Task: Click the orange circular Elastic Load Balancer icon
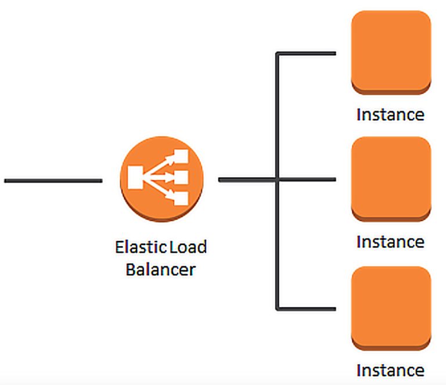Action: tap(162, 179)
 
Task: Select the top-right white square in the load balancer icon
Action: tap(182, 156)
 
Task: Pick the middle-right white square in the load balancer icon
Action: tap(182, 177)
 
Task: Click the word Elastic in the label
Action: tap(141, 247)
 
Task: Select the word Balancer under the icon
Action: tap(160, 269)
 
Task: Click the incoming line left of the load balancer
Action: tap(53, 181)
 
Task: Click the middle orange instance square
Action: tap(391, 178)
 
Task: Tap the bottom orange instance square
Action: tap(391, 307)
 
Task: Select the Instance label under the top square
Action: tap(390, 114)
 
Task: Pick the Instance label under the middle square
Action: tap(390, 242)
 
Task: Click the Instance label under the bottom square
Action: tap(390, 370)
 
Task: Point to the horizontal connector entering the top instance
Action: tap(308, 54)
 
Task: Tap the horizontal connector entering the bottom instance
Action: tap(308, 307)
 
